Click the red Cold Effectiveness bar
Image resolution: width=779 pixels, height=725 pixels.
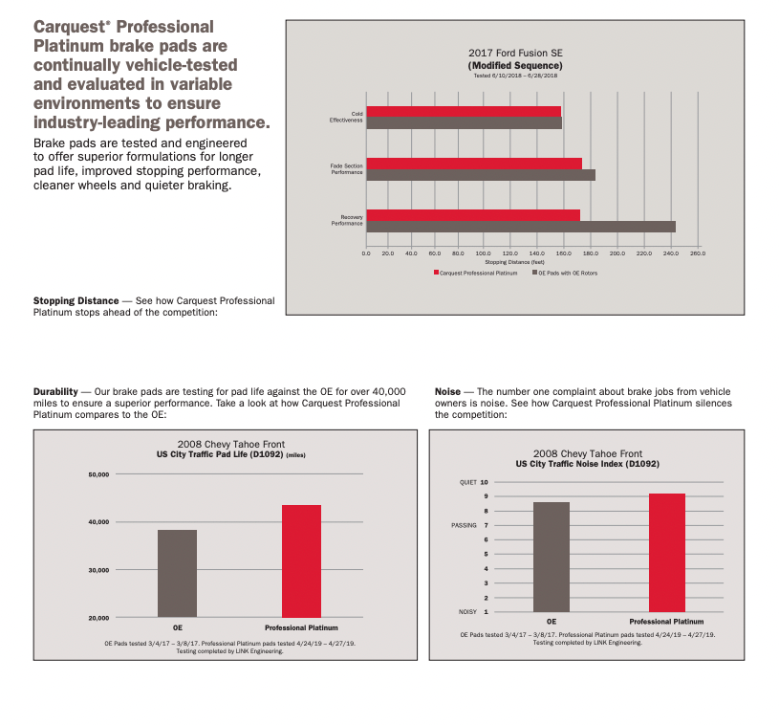pyautogui.click(x=464, y=111)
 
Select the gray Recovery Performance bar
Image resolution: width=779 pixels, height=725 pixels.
pyautogui.click(x=521, y=227)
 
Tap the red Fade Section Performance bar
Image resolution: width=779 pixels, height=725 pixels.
pyautogui.click(x=474, y=163)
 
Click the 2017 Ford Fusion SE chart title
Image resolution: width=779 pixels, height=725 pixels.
pyautogui.click(x=515, y=53)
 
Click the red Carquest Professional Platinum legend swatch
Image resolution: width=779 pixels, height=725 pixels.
pyautogui.click(x=436, y=273)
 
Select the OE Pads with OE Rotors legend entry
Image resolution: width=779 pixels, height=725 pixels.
pyautogui.click(x=567, y=273)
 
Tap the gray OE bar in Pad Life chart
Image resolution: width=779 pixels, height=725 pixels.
pyautogui.click(x=177, y=573)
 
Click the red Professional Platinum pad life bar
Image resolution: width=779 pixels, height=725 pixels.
pyautogui.click(x=301, y=560)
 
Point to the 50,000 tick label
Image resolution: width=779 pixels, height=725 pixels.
pyautogui.click(x=99, y=473)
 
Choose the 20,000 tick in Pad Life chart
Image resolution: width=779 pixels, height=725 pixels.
pyautogui.click(x=99, y=618)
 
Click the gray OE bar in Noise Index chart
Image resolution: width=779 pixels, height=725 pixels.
pyautogui.click(x=552, y=557)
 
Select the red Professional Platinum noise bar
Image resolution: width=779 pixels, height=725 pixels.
pyautogui.click(x=666, y=552)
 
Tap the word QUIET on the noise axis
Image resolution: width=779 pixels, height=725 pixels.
pyautogui.click(x=466, y=482)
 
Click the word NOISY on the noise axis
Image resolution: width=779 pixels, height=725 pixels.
pyautogui.click(x=467, y=611)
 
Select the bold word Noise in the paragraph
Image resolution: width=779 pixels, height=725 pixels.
pyautogui.click(x=447, y=392)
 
